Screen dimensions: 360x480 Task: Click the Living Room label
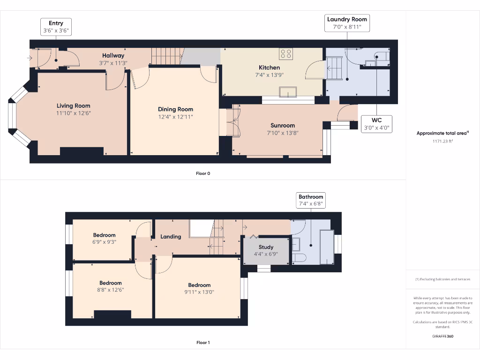[74, 105]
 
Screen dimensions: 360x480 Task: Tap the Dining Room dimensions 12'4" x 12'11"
[175, 117]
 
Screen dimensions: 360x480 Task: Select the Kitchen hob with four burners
[285, 54]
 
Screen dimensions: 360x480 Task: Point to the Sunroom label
[283, 125]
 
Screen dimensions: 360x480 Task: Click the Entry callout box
[56, 27]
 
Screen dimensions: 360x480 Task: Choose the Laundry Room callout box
[347, 23]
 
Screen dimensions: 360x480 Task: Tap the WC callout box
[376, 124]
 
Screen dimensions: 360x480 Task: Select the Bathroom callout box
[311, 201]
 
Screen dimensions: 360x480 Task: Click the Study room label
[266, 247]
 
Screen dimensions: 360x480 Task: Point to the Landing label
[171, 237]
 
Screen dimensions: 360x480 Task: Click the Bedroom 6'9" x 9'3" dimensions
[104, 242]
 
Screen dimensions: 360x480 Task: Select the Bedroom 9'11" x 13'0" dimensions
[199, 292]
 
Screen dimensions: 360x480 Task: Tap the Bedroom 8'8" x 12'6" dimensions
[111, 290]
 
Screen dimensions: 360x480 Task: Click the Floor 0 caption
[203, 173]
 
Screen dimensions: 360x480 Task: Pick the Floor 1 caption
[203, 343]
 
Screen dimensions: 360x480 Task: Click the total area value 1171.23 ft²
[442, 141]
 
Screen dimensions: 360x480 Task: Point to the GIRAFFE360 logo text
[442, 336]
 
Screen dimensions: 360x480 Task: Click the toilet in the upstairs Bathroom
[298, 258]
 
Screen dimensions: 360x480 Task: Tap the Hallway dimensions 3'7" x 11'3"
[113, 63]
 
